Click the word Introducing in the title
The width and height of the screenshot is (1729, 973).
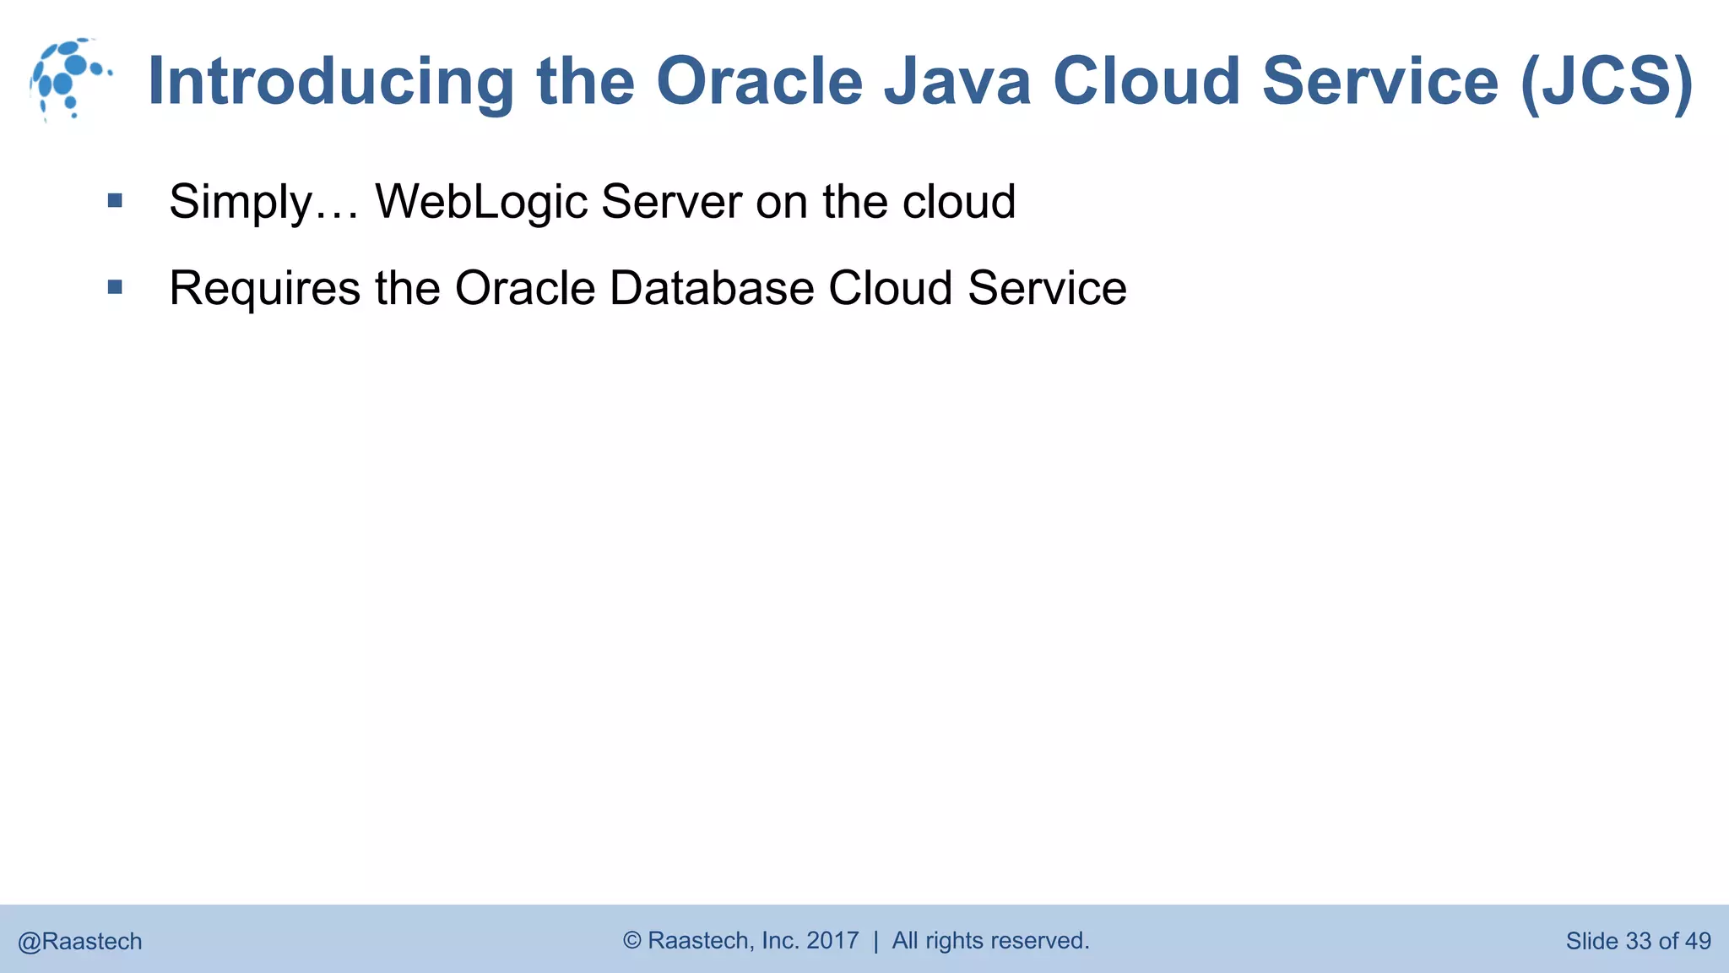330,82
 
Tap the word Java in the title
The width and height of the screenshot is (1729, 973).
957,82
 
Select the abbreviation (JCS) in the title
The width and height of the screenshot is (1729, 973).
1607,82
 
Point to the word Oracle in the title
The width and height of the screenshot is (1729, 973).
759,82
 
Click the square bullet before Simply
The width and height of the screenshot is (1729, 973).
116,201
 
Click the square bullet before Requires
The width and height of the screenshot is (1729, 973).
116,288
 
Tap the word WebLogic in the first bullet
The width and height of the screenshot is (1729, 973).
481,202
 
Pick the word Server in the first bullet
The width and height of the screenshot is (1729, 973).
672,202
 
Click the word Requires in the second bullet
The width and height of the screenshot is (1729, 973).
264,288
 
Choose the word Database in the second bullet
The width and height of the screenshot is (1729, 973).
711,288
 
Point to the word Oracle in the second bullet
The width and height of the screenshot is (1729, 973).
525,288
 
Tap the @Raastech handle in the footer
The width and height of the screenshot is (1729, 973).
80,942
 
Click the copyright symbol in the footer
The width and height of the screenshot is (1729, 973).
632,940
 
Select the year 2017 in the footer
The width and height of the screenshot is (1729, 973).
832,940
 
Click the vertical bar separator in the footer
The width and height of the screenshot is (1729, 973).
875,941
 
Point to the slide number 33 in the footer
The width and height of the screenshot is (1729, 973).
1638,941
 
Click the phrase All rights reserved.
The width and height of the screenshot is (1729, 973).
990,940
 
